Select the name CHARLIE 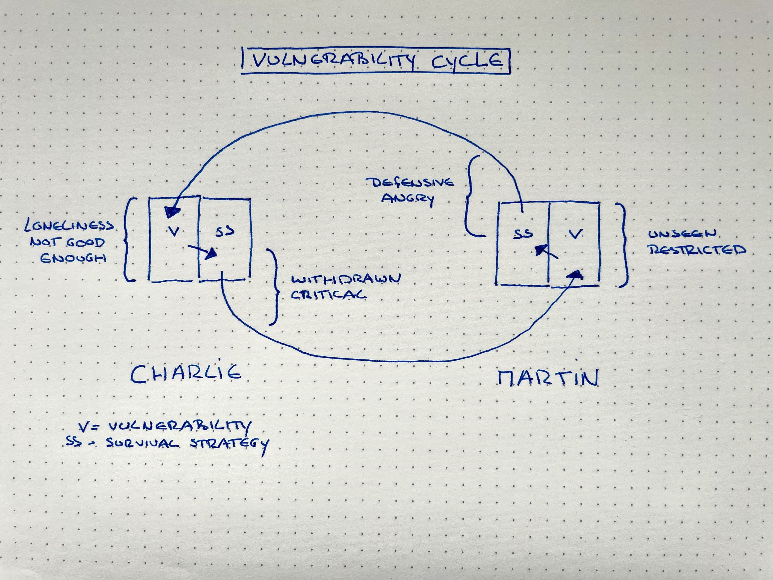[x=186, y=373]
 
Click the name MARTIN [x=548, y=379]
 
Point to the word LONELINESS [x=69, y=226]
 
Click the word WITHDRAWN [x=346, y=279]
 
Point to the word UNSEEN [x=682, y=234]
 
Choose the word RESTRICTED [x=697, y=250]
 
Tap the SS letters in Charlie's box [x=225, y=231]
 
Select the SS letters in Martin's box [x=523, y=234]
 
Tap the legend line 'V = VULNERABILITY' [x=164, y=426]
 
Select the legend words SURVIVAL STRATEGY [x=187, y=444]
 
